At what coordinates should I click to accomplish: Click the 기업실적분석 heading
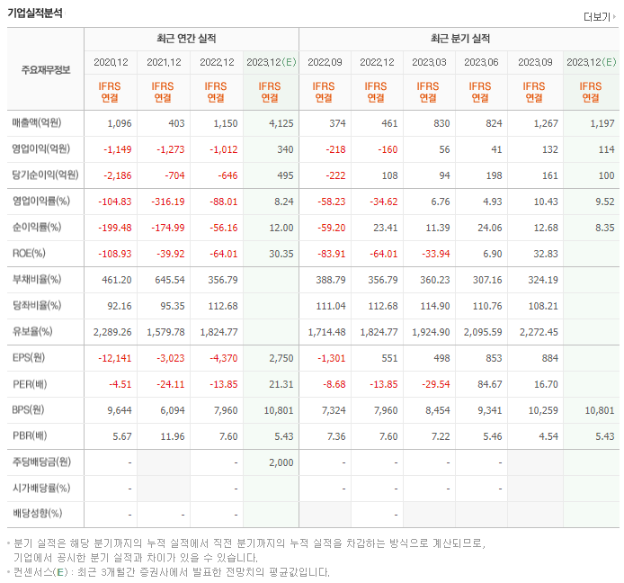[x=35, y=13]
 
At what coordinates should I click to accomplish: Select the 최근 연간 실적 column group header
[x=191, y=40]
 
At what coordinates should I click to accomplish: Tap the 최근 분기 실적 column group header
[x=459, y=40]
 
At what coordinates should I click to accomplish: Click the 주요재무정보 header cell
[x=45, y=69]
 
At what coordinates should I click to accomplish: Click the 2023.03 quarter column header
[x=430, y=62]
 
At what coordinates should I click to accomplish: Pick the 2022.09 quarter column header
[x=325, y=62]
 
